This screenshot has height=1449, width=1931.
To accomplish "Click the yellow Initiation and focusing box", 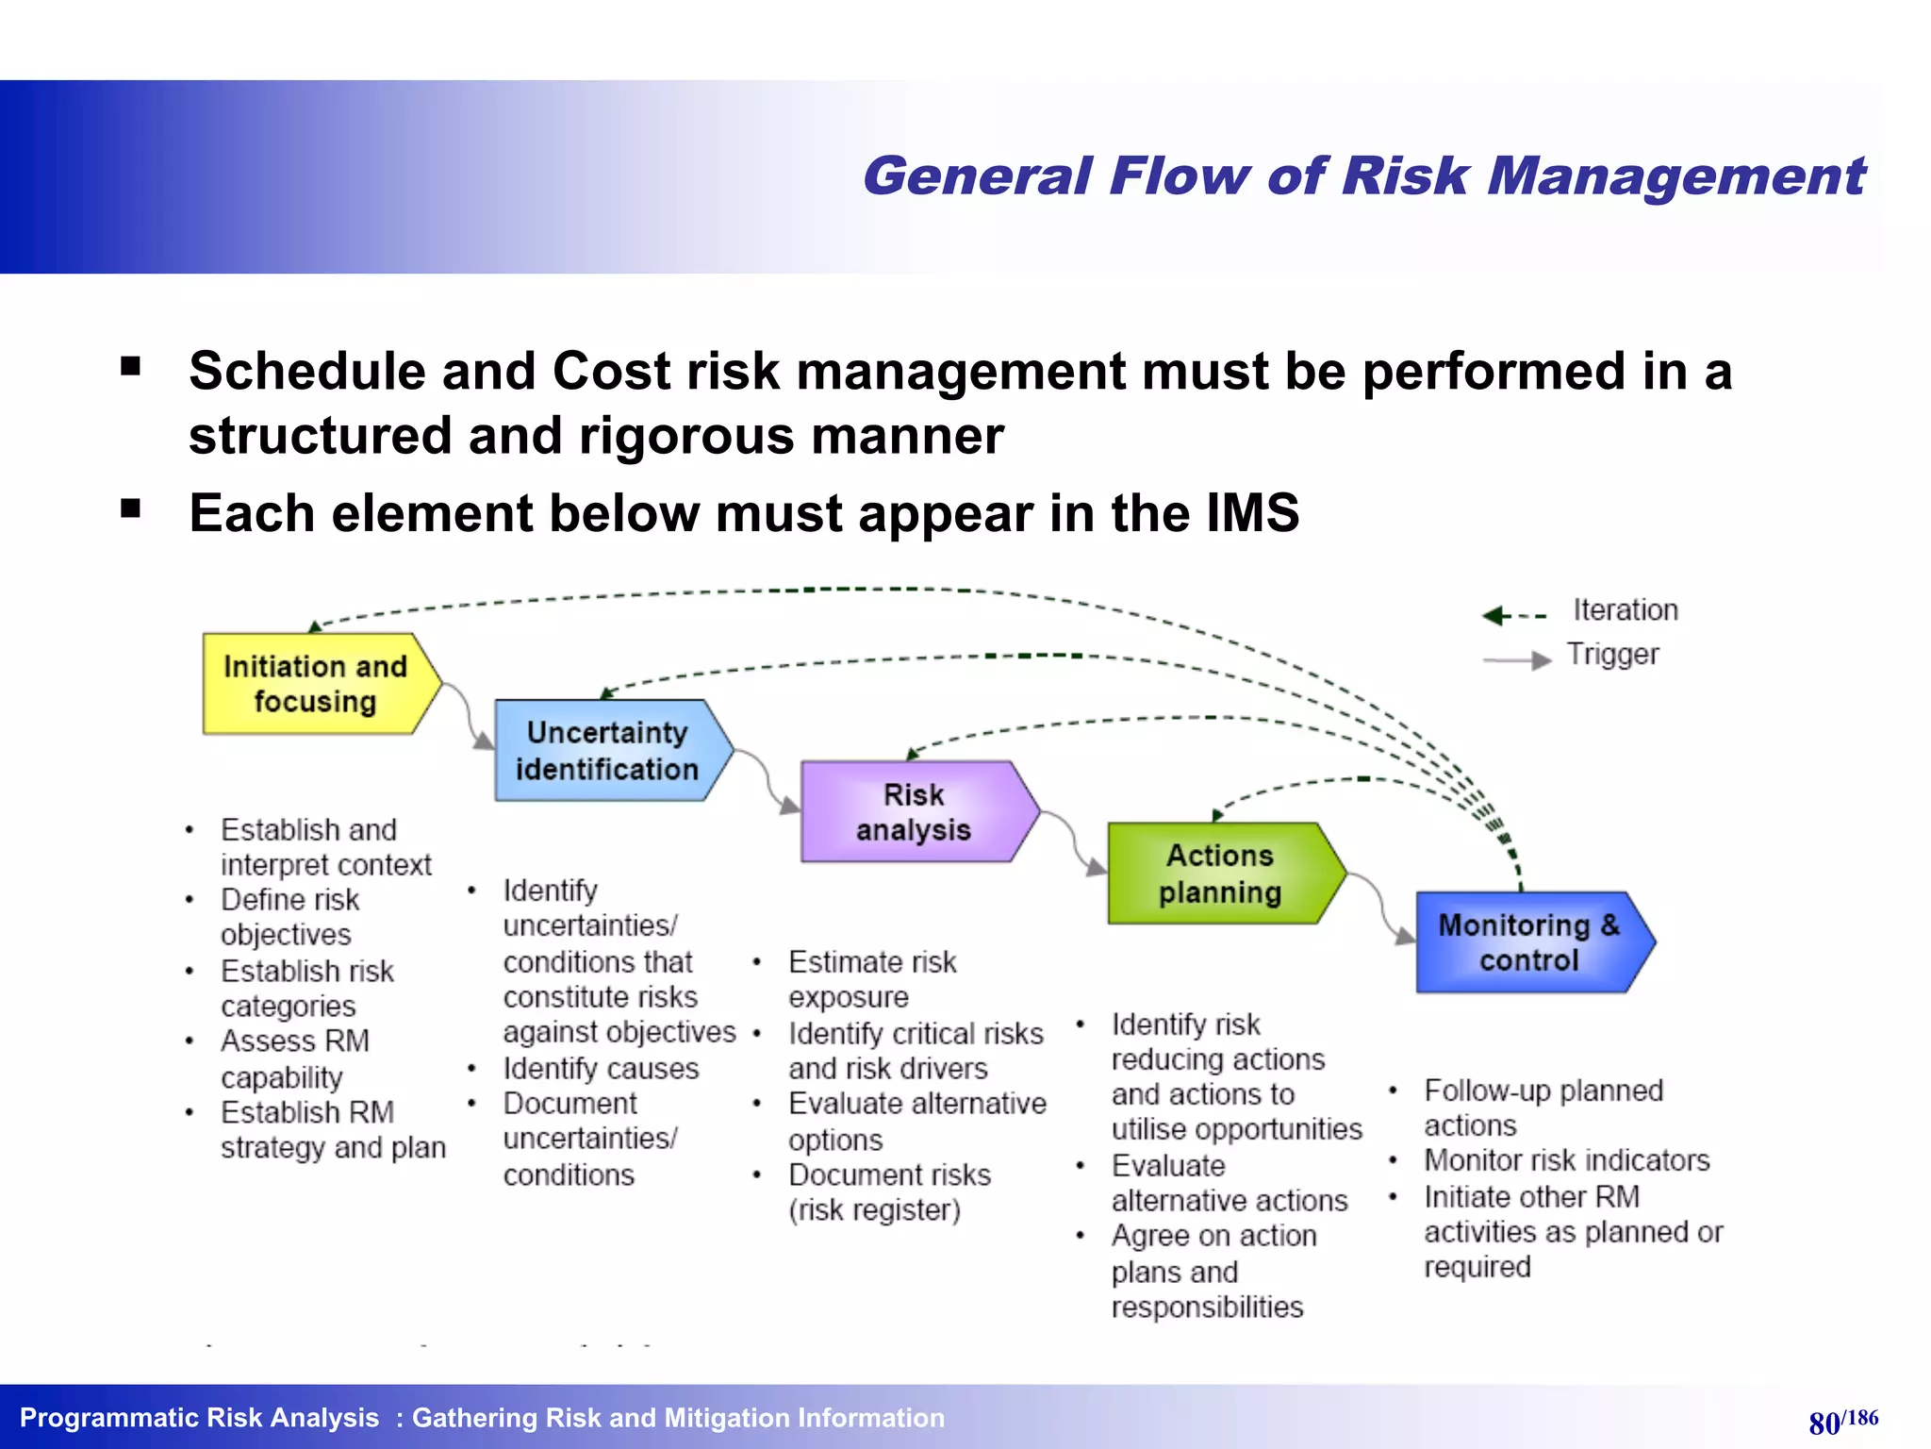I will coord(316,684).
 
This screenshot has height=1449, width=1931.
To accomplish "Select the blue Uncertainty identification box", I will coord(608,751).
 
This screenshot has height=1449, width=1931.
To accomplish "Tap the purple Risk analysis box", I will coord(913,812).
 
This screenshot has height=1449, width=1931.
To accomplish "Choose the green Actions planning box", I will coord(1220,874).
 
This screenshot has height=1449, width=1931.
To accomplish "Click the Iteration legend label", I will coord(1625,610).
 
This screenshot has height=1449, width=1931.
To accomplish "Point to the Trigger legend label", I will coord(1612,655).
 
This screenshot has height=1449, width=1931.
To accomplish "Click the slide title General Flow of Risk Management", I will coord(1363,176).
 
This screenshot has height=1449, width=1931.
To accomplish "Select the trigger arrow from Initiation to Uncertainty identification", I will coord(469,713).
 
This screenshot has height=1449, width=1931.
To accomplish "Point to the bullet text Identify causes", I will coord(601,1069).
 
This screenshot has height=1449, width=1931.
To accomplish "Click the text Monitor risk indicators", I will coord(1566,1160).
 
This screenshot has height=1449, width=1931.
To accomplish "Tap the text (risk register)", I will coord(874,1210).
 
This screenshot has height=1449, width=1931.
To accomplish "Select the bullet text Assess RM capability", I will coord(294,1058).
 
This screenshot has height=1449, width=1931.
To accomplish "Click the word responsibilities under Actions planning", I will coord(1207,1307).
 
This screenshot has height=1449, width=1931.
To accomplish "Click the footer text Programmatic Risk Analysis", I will coord(199,1418).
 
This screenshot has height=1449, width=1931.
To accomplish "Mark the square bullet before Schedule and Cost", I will coord(131,366).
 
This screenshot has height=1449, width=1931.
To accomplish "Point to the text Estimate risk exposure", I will coord(872,979).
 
